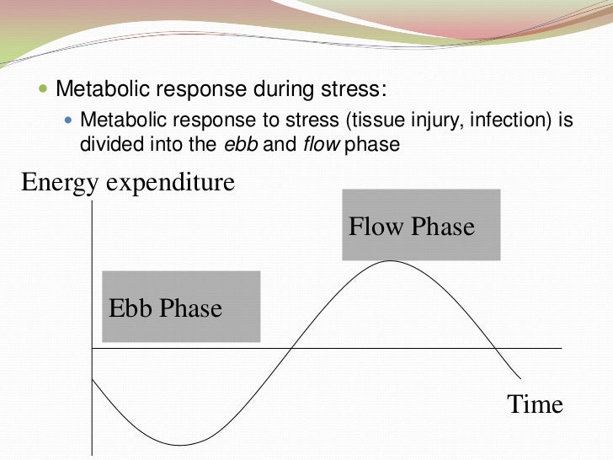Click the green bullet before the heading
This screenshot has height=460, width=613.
tap(44, 89)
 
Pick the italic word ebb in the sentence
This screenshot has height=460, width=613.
tap(240, 144)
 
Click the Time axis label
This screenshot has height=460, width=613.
tap(535, 404)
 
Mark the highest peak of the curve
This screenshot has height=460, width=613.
tap(389, 260)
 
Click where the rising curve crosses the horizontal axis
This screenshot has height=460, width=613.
tap(291, 348)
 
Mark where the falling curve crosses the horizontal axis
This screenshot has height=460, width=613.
tap(495, 348)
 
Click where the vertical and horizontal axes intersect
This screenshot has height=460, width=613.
tap(91, 348)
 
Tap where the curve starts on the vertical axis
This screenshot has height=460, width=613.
tap(92, 378)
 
